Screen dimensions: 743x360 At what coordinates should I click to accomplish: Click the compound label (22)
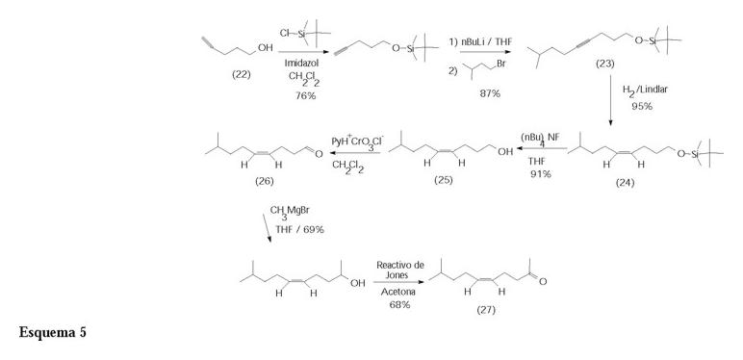[x=242, y=74]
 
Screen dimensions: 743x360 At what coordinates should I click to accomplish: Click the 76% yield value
[x=306, y=96]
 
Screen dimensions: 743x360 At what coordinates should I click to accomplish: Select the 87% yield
[x=490, y=94]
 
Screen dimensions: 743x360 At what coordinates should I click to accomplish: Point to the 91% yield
[x=540, y=174]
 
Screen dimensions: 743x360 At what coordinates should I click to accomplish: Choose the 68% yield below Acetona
[x=399, y=304]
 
